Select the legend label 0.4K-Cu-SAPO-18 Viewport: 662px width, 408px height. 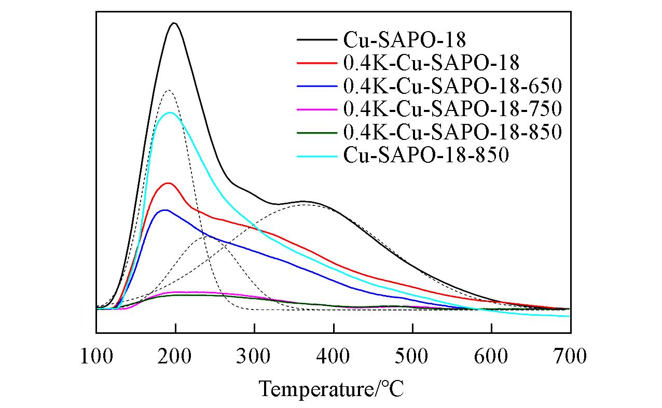431,63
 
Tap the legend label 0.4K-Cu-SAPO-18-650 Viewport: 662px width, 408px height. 452,86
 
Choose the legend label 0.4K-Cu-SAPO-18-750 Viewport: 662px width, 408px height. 452,109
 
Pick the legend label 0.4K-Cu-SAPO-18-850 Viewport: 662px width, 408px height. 452,132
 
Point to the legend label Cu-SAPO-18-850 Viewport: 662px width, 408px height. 425,155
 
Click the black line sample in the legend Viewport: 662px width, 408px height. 317,39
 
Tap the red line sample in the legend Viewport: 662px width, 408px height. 317,63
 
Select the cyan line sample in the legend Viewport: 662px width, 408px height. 317,155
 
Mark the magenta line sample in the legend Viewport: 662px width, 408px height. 317,109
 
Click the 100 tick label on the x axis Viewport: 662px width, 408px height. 97,357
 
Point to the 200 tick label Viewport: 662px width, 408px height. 176,357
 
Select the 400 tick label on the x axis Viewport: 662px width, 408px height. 334,357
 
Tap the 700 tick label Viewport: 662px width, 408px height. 570,357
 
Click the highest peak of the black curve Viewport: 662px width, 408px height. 174,23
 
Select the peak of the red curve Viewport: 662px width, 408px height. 168,183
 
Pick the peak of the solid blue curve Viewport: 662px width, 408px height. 165,210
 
